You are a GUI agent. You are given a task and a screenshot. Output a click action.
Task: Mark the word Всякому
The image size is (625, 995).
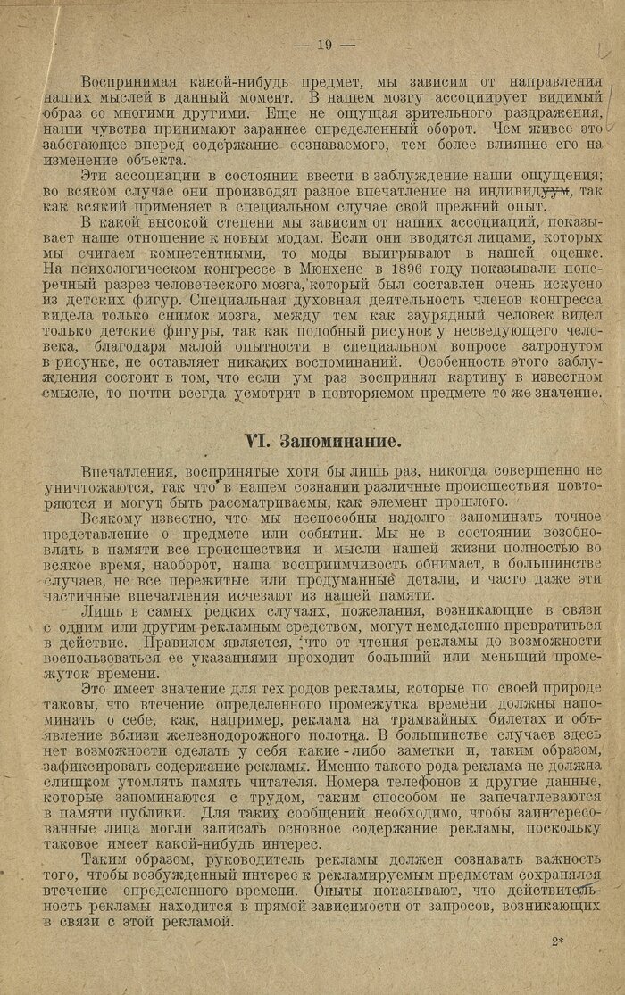click(x=111, y=517)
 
